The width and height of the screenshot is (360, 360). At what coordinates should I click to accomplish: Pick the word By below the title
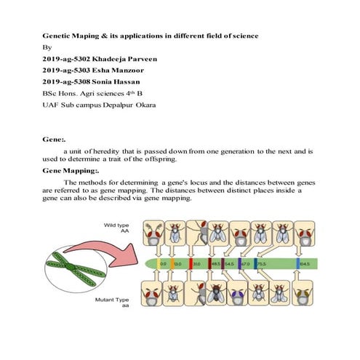(45, 48)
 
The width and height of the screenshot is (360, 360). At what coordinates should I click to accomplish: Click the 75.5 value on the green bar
(262, 263)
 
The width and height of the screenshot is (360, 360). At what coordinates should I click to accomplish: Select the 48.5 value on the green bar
(215, 263)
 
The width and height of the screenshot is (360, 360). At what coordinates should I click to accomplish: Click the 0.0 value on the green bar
(164, 263)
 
